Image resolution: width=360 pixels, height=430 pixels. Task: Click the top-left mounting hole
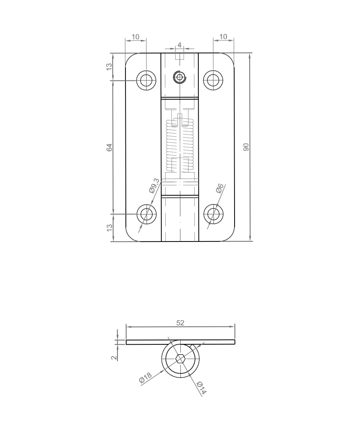[x=146, y=80]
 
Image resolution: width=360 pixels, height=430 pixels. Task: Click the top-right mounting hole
[x=213, y=80]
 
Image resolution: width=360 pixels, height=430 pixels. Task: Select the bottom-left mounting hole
[x=146, y=214]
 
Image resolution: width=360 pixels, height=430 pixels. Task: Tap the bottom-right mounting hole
[x=213, y=214]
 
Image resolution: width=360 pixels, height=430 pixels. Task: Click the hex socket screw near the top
[x=180, y=77]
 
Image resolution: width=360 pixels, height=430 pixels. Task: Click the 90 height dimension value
[x=246, y=147]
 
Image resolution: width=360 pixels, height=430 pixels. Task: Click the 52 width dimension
[x=180, y=323]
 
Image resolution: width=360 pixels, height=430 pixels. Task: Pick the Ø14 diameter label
[x=202, y=388]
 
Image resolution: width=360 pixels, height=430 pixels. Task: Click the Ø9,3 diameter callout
[x=154, y=186]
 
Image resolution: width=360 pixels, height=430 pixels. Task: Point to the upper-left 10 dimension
[x=135, y=37]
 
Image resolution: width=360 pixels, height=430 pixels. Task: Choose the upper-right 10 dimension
[x=223, y=37]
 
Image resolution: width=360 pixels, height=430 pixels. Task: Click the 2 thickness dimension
[x=114, y=357]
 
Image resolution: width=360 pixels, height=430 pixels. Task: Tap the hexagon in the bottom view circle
[x=180, y=359]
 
